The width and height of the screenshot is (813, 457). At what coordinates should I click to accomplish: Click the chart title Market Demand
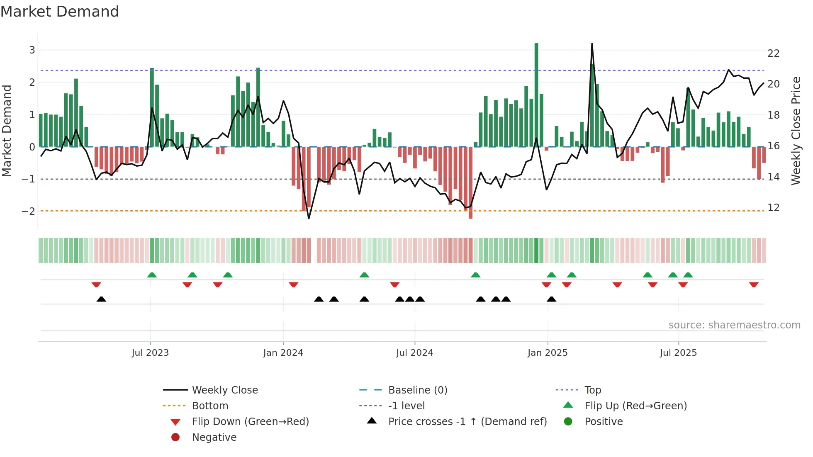(60, 12)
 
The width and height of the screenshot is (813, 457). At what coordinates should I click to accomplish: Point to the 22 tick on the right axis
(773, 53)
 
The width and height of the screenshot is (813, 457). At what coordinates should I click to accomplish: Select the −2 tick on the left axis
(28, 211)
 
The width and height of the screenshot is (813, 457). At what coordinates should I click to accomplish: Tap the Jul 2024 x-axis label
(414, 353)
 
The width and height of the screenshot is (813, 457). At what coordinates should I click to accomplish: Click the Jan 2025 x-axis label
(548, 353)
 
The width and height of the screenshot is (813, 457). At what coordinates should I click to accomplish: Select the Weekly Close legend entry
(224, 390)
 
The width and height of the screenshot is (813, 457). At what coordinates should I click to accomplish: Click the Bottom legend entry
(210, 406)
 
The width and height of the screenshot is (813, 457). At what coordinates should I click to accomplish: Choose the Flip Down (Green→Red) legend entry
(250, 422)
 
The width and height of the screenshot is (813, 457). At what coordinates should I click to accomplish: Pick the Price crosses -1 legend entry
(467, 422)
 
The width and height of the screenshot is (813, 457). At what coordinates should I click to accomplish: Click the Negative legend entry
(214, 438)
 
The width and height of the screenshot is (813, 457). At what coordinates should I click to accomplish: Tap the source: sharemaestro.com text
(734, 325)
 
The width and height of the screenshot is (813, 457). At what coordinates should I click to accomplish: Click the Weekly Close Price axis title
(796, 131)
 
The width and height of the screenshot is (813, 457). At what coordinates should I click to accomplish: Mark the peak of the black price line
(592, 44)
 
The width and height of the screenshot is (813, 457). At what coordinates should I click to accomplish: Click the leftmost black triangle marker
(101, 299)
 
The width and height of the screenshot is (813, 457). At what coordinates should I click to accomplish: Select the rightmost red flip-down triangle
(754, 284)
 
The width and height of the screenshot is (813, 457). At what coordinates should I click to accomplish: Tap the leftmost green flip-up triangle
(152, 275)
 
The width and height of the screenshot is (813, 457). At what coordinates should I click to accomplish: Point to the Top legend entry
(592, 390)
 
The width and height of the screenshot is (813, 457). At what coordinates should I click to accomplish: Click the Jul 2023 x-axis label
(150, 353)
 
